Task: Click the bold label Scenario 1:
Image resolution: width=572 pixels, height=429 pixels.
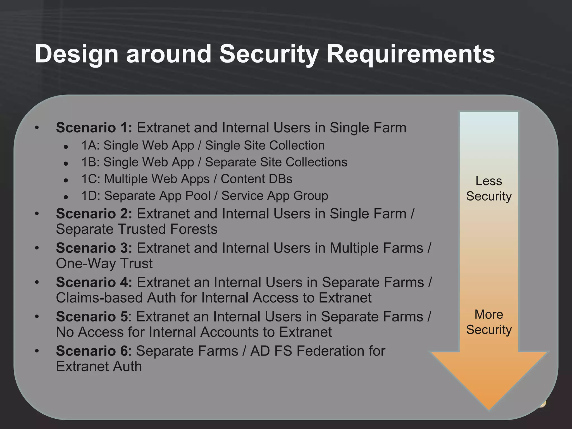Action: (94, 128)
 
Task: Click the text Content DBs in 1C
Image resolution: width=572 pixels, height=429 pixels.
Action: (256, 179)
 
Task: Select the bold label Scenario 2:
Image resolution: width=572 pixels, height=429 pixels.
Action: (94, 214)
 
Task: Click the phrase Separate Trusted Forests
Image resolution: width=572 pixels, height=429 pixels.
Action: (137, 229)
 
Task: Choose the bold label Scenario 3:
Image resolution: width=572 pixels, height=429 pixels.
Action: (94, 248)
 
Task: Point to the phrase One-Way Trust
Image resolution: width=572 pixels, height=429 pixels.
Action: (104, 264)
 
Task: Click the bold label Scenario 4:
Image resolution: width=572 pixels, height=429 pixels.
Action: (94, 283)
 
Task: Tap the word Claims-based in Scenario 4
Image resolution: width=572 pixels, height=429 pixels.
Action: (99, 298)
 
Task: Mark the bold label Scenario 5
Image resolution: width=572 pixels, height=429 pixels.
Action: (92, 317)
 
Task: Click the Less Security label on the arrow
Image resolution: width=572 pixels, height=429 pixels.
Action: (489, 189)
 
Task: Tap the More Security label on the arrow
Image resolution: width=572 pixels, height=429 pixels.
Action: (489, 322)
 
